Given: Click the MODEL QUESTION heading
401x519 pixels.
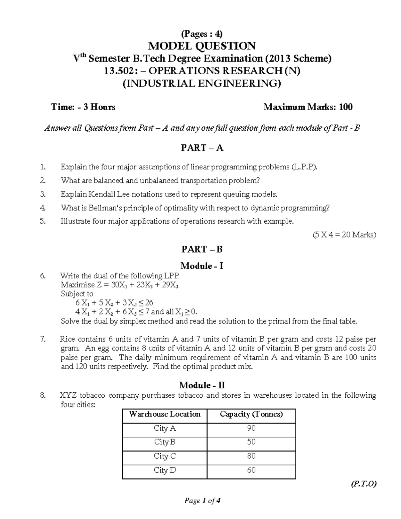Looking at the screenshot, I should point(202,46).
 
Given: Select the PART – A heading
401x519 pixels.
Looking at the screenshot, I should point(202,148).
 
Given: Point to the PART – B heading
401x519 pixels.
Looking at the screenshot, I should point(202,249).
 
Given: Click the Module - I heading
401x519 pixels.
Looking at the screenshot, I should point(202,266).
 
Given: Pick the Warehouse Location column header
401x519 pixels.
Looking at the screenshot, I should point(165,414).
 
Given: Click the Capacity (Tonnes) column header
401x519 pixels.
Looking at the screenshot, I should point(251,414).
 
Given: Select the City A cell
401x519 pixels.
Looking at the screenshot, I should point(165,428).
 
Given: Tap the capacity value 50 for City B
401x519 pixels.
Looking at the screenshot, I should point(251,442).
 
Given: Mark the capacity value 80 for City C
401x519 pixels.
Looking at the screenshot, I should point(251,456).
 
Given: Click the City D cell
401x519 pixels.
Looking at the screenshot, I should point(165,470).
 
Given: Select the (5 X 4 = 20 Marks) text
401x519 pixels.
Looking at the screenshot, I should point(344,235).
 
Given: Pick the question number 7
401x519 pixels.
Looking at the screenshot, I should point(42,339).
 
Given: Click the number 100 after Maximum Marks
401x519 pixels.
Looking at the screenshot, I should point(346,107).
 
